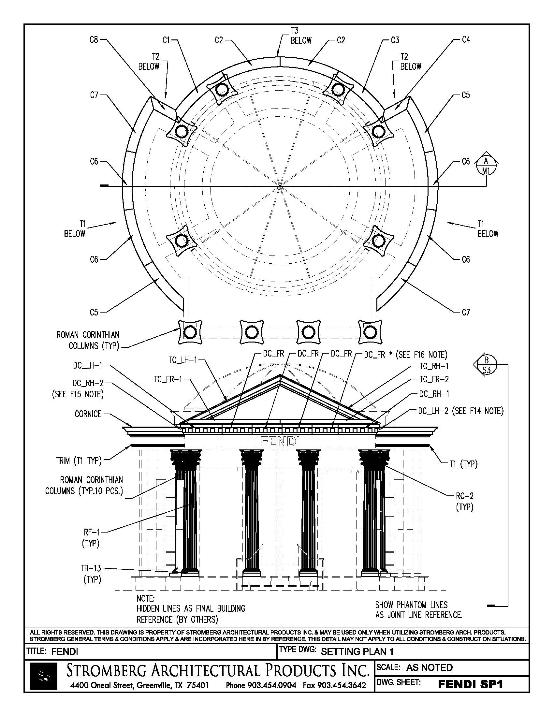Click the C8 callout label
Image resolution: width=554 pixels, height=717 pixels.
click(x=94, y=40)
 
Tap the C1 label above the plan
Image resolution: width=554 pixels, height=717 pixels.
click(x=166, y=40)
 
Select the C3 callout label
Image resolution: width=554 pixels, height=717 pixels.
click(x=395, y=40)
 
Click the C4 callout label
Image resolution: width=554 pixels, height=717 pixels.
click(x=466, y=40)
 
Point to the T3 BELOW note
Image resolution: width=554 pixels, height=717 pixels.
click(x=300, y=36)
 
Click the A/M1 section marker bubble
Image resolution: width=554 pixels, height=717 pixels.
click(x=487, y=166)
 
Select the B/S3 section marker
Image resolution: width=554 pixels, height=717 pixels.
click(x=487, y=365)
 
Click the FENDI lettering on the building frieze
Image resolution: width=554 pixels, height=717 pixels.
click(x=280, y=441)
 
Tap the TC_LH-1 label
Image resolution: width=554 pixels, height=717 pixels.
click(x=183, y=360)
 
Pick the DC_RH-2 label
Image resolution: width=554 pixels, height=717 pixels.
click(x=88, y=383)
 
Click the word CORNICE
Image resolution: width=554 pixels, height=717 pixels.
click(x=88, y=414)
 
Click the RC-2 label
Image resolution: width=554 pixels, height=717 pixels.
click(x=465, y=496)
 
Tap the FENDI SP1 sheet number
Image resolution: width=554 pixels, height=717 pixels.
click(x=470, y=684)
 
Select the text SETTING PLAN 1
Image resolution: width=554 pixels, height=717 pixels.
click(x=357, y=652)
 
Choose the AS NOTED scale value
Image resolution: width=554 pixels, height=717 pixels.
click(x=429, y=667)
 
